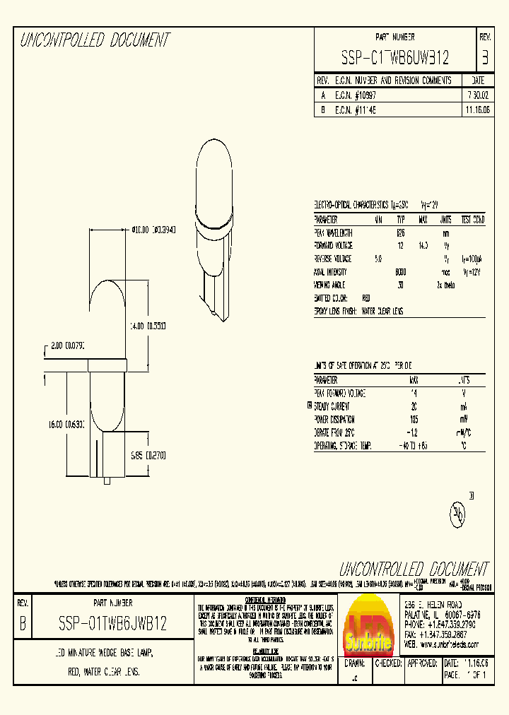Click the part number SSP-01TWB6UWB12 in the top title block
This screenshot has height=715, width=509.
coord(395,57)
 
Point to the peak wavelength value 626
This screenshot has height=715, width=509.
coord(400,232)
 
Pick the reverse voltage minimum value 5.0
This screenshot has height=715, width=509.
coord(378,259)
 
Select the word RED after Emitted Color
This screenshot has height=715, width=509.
coord(365,298)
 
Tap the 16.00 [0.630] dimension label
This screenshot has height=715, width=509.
coord(65,425)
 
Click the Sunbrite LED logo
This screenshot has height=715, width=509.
coord(368,623)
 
